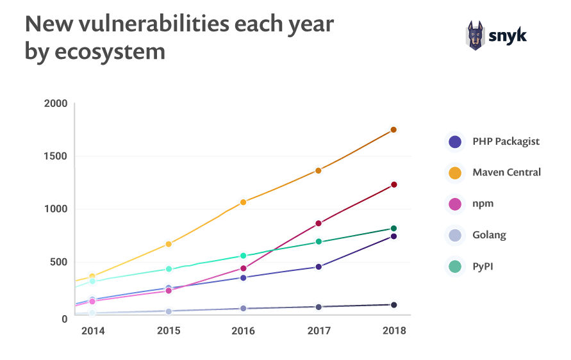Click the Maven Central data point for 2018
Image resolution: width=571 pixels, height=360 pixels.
393,130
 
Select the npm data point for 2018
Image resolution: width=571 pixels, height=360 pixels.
393,184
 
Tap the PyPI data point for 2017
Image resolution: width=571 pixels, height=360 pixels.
318,241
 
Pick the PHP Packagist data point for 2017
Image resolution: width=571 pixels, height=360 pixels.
318,266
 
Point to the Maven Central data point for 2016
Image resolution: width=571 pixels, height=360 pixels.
243,202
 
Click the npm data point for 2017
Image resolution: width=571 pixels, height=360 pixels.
318,224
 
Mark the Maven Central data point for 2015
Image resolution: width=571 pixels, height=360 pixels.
169,244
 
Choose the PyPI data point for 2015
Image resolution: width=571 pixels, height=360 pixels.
169,269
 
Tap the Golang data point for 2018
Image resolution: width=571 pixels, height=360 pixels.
393,305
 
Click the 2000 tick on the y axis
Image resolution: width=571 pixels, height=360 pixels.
56,104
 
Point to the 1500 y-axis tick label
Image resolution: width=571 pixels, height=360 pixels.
56,156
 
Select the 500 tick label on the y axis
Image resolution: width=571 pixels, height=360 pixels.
58,262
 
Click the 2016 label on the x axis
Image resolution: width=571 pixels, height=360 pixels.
243,331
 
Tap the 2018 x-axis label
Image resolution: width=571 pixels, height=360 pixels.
393,331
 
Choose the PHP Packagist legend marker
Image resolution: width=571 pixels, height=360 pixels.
454,142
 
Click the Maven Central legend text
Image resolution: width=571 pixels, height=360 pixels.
506,172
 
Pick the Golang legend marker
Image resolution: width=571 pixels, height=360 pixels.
454,235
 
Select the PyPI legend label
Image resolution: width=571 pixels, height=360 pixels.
483,266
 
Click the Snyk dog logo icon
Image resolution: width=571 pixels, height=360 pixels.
475,36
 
